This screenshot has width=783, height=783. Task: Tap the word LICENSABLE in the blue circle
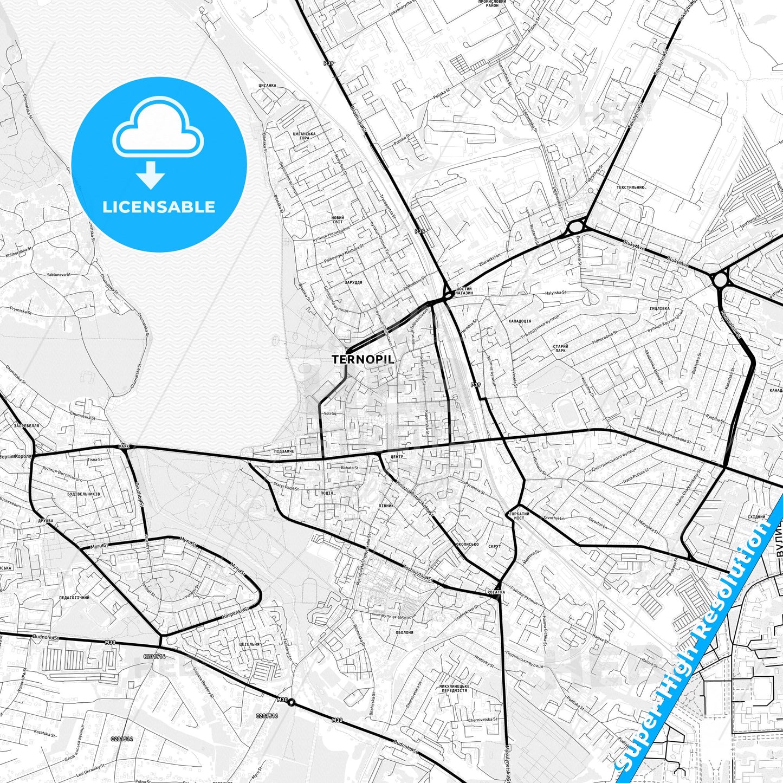159,207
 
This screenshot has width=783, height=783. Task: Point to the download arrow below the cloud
151,174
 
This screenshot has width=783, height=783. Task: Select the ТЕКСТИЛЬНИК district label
630,187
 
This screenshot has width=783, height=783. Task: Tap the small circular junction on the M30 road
291,703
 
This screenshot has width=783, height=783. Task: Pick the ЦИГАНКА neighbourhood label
267,85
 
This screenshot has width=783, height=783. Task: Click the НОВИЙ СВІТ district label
337,219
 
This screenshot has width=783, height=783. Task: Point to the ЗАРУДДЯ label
353,282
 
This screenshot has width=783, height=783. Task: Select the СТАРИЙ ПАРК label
560,348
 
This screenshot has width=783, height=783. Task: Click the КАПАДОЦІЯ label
520,321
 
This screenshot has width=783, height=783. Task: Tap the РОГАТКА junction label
495,592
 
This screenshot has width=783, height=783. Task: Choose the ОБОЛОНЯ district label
404,632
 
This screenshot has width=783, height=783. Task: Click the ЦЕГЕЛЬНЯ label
249,644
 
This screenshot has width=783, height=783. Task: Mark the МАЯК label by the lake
125,446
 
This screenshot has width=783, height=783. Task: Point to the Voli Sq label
329,413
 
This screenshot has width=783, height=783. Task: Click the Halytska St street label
555,293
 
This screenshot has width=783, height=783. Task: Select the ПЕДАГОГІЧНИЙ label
74,597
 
